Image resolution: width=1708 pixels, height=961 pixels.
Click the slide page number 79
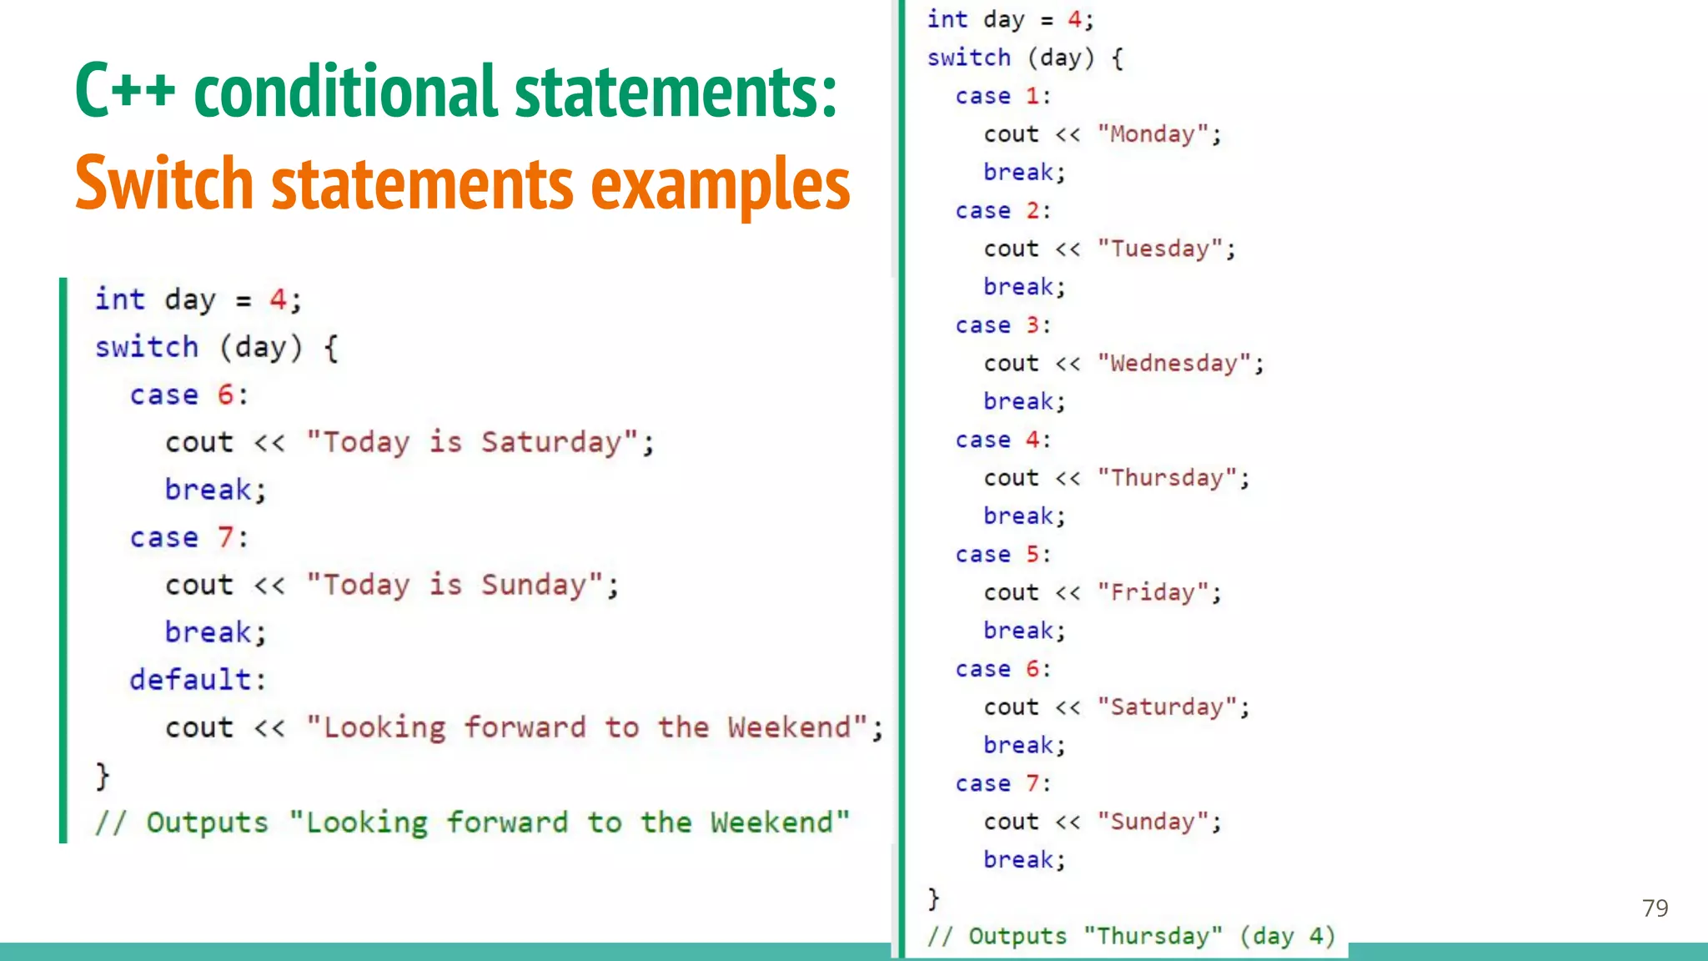[1655, 908]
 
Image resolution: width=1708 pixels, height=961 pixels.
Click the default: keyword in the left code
[198, 680]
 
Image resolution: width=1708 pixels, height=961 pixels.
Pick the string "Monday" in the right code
[1153, 134]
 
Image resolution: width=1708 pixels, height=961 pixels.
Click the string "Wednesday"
[1173, 364]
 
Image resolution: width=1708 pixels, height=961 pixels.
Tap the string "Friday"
[1153, 593]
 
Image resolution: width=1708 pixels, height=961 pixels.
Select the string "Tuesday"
[1159, 249]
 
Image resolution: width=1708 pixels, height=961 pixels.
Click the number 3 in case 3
[1032, 325]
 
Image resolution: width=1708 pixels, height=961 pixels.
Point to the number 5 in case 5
[1032, 555]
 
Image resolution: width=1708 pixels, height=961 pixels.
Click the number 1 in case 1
[1032, 96]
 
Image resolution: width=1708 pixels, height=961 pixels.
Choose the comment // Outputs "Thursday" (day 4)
[1131, 936]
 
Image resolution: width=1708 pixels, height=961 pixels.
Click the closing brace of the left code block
[102, 776]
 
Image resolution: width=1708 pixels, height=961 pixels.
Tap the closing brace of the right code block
[933, 898]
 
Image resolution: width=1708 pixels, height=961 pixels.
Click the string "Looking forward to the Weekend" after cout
[587, 727]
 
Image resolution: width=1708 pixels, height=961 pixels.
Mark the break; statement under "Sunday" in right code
[1024, 860]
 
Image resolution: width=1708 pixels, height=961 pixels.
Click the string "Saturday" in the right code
[1166, 707]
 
